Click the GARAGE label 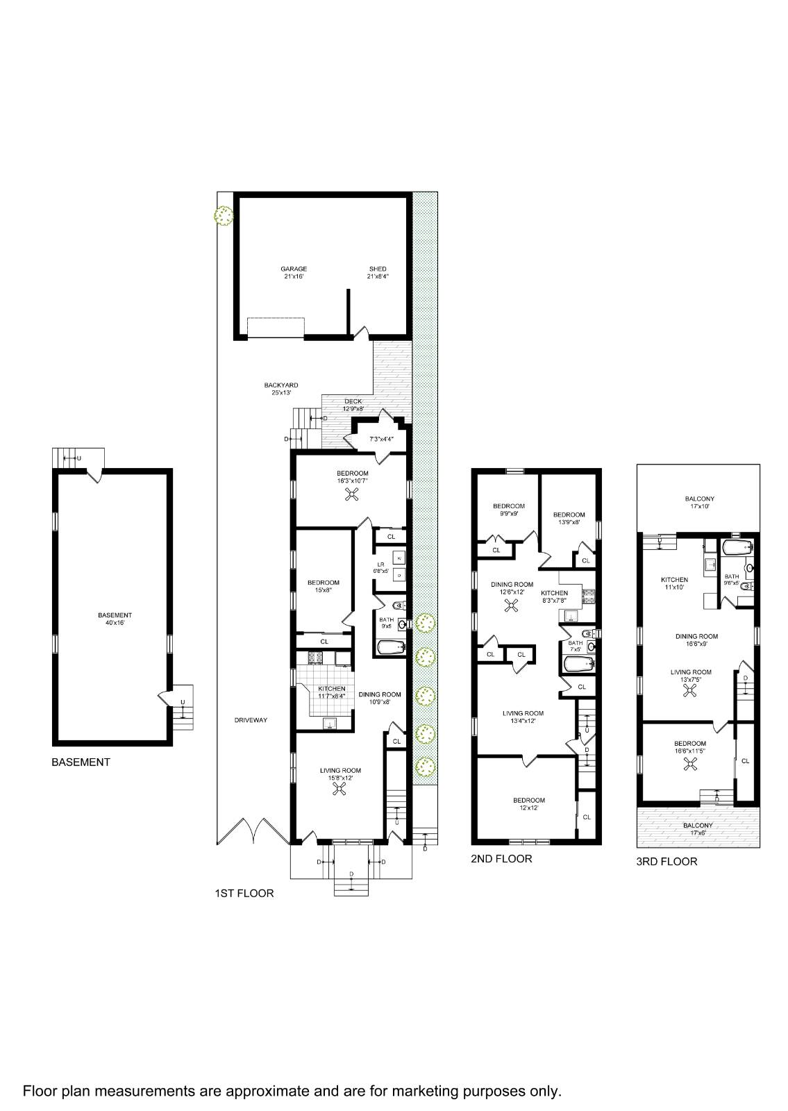point(294,272)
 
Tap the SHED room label point(378,272)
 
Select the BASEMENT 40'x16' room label point(115,619)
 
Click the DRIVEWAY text point(251,720)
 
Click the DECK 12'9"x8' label point(353,405)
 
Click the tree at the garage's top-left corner point(224,216)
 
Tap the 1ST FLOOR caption point(244,894)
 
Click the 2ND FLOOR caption point(501,859)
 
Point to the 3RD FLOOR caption point(667,862)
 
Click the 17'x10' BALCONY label point(699,503)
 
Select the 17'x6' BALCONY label point(697,829)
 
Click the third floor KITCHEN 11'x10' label point(674,583)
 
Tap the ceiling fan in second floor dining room point(512,606)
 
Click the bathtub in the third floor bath point(737,548)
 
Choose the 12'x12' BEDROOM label point(528,804)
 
